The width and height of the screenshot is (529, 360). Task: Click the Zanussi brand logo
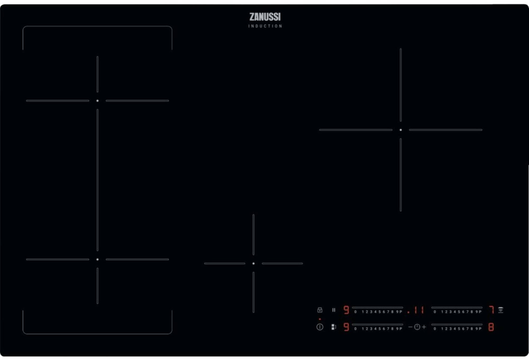(265, 17)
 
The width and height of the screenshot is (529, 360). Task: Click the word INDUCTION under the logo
(265, 26)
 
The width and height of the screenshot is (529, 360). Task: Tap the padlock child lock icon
(320, 310)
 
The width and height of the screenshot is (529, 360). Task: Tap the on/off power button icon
(320, 327)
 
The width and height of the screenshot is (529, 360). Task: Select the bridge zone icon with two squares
(334, 327)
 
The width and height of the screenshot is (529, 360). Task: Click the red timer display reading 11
(419, 310)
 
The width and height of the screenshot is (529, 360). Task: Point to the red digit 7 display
(491, 310)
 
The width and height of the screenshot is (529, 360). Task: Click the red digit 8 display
(491, 327)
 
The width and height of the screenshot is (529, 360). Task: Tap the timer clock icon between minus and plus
(417, 327)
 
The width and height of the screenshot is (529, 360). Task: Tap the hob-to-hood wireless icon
(501, 310)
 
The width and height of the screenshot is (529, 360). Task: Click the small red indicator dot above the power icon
(320, 319)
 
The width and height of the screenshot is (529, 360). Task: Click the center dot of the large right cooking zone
(401, 130)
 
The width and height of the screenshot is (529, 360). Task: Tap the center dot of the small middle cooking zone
(253, 264)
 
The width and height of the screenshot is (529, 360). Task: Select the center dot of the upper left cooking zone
(98, 101)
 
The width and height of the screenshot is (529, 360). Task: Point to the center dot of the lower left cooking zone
(98, 260)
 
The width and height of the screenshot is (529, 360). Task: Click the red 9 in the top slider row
(346, 310)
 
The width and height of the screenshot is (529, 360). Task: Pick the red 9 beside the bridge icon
(346, 327)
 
